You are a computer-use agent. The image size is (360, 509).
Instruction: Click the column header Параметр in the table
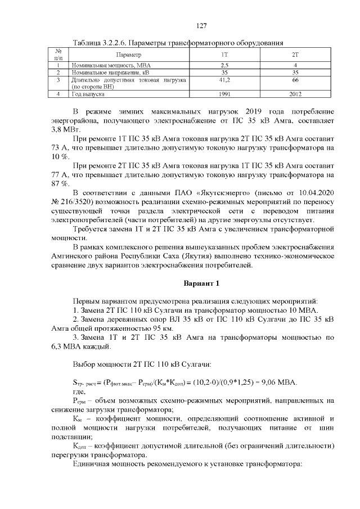pos(128,55)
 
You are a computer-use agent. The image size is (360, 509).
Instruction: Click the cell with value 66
pos(295,80)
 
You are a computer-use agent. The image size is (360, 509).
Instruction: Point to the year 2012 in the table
pos(295,94)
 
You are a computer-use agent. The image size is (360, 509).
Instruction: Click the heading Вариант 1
pos(202,282)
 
